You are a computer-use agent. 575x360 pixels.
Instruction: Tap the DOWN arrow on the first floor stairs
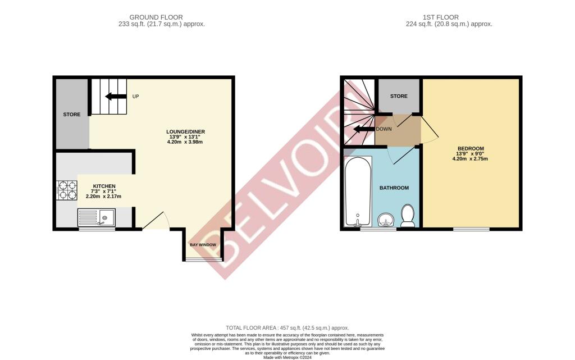pyautogui.click(x=364, y=129)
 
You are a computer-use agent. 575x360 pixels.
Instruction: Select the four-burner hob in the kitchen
pyautogui.click(x=67, y=190)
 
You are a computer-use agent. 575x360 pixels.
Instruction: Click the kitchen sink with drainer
pyautogui.click(x=97, y=217)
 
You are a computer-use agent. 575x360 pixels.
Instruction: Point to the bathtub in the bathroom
pyautogui.click(x=358, y=191)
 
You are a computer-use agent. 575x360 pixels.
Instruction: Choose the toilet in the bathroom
pyautogui.click(x=408, y=216)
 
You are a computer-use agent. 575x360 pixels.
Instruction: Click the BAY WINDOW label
pyautogui.click(x=203, y=245)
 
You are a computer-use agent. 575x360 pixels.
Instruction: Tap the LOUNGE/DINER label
pyautogui.click(x=185, y=131)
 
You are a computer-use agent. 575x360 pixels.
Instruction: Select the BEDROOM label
pyautogui.click(x=471, y=148)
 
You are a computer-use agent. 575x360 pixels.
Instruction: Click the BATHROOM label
pyautogui.click(x=394, y=188)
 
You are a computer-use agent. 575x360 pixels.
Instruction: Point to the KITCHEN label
pyautogui.click(x=104, y=186)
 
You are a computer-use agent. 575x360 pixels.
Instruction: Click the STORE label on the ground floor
pyautogui.click(x=72, y=115)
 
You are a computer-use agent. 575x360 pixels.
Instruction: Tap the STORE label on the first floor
pyautogui.click(x=399, y=96)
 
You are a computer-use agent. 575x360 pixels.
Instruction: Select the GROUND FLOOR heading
pyautogui.click(x=156, y=17)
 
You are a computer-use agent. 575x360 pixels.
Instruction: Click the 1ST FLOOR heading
pyautogui.click(x=440, y=17)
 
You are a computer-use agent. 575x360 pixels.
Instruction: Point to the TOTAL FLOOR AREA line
pyautogui.click(x=287, y=328)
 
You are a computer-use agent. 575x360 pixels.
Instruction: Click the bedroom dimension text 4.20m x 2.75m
pyautogui.click(x=471, y=159)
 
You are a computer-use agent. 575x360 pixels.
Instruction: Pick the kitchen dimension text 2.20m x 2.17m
pyautogui.click(x=104, y=197)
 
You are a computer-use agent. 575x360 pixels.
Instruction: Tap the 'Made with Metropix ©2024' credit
pyautogui.click(x=287, y=357)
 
